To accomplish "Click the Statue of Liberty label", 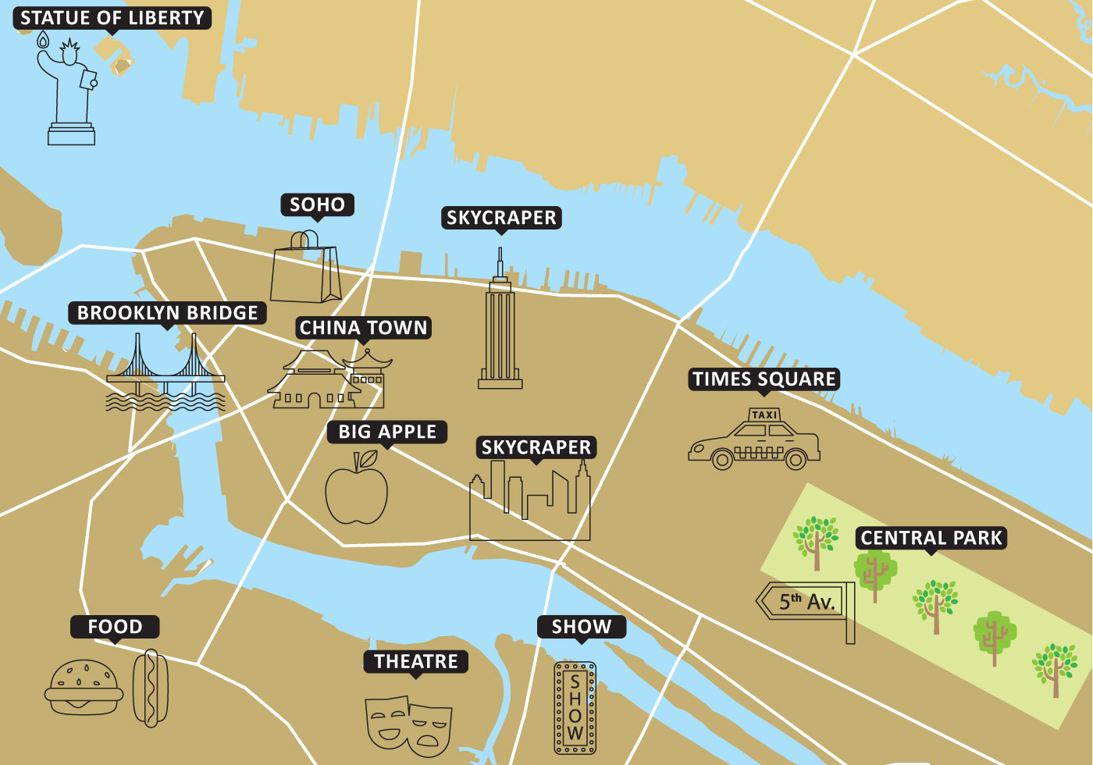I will click(112, 18).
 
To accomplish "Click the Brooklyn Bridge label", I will click(167, 313).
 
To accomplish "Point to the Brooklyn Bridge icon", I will click(166, 375).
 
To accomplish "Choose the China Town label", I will click(364, 328).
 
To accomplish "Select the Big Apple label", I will click(387, 432).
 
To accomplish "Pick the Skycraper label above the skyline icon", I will click(536, 447).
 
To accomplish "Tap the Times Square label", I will click(764, 379).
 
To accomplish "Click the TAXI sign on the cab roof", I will click(764, 415).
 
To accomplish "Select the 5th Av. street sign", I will click(804, 602).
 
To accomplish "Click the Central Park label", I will click(931, 538).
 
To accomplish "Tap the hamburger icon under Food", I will click(84, 688).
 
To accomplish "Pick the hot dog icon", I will click(150, 688).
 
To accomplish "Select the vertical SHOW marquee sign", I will click(575, 708).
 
